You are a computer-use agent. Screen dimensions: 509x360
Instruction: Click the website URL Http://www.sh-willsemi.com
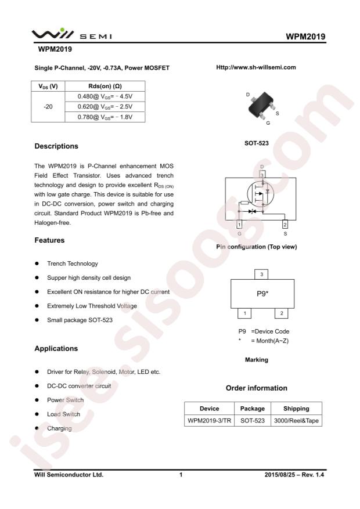pos(255,67)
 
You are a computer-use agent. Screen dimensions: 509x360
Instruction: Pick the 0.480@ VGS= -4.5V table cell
pos(105,96)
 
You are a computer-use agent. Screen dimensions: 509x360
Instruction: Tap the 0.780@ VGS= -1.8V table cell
pos(105,118)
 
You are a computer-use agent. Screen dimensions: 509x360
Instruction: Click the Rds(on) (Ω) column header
pos(105,85)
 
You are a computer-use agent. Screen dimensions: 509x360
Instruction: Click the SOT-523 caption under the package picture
pos(256,141)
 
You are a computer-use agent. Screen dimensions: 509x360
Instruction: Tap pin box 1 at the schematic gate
pos(239,224)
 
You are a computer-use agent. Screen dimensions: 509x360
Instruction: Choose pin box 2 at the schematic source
pos(285,224)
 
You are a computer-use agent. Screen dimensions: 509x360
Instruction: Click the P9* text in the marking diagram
pos(262,294)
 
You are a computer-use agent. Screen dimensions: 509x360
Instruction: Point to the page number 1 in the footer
pos(181,475)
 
